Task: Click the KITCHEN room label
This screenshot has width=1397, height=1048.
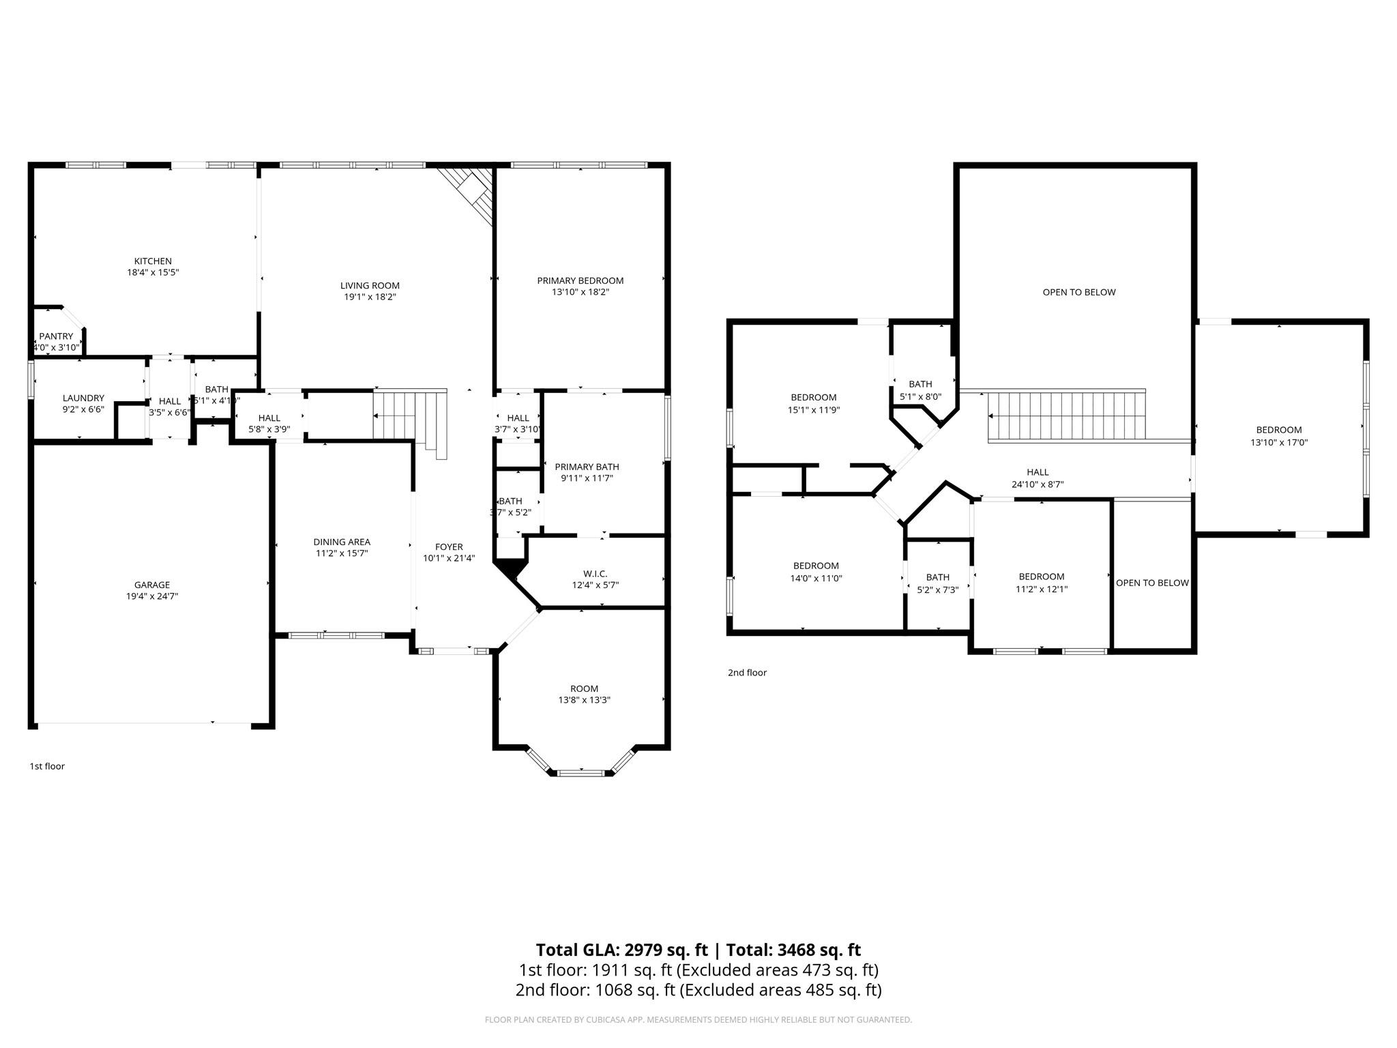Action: pyautogui.click(x=153, y=261)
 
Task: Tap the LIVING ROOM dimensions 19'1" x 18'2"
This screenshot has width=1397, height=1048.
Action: pyautogui.click(x=370, y=297)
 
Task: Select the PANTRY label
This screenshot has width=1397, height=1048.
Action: pyautogui.click(x=56, y=336)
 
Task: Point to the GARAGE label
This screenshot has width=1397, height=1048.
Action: pyautogui.click(x=151, y=585)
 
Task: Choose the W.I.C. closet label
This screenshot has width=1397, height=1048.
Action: pyautogui.click(x=595, y=574)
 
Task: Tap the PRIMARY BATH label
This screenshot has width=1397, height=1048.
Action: pyautogui.click(x=587, y=467)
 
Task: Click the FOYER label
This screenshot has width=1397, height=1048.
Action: pyautogui.click(x=449, y=547)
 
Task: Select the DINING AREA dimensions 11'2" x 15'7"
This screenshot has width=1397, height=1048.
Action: pyautogui.click(x=342, y=553)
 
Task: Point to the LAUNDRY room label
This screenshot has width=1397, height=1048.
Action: pyautogui.click(x=83, y=398)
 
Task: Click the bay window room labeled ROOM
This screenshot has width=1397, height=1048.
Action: pyautogui.click(x=584, y=688)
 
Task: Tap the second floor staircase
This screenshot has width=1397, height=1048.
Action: pyautogui.click(x=1066, y=416)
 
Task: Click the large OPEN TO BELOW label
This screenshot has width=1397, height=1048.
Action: pyautogui.click(x=1079, y=292)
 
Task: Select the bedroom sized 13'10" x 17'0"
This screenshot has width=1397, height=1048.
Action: pyautogui.click(x=1279, y=436)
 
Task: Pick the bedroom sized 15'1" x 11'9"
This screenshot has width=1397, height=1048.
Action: pyautogui.click(x=813, y=403)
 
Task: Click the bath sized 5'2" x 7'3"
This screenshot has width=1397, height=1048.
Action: pyautogui.click(x=938, y=583)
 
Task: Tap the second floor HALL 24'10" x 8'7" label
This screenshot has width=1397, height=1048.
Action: pyautogui.click(x=1038, y=478)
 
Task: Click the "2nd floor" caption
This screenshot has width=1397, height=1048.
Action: pyautogui.click(x=747, y=673)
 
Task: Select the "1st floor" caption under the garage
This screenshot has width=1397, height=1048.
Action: pyautogui.click(x=47, y=766)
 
